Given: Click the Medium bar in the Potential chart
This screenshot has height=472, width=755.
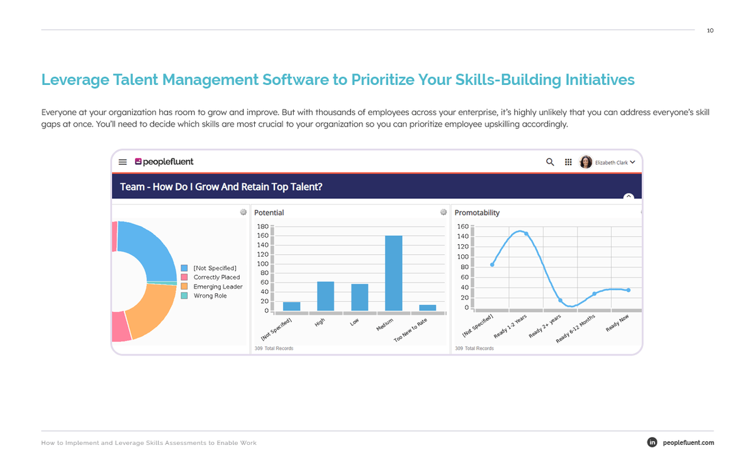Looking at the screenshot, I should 394,273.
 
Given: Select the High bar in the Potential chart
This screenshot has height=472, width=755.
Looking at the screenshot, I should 325,296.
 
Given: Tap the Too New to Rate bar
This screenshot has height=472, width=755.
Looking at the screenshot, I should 428,308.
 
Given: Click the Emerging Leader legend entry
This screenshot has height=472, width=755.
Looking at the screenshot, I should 218,287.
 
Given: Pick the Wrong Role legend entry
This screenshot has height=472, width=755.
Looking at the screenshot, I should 210,296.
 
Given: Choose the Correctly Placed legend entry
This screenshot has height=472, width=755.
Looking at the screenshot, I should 216,278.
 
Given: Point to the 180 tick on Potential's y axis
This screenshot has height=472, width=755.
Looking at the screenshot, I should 263,227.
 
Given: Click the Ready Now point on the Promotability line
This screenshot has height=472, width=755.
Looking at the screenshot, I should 629,290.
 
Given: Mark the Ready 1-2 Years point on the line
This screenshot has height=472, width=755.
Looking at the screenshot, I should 527,234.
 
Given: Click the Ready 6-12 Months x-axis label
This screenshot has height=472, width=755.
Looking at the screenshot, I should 576,329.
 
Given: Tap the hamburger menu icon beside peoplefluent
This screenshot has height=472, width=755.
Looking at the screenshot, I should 123,162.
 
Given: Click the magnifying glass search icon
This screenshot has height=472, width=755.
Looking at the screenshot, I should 550,162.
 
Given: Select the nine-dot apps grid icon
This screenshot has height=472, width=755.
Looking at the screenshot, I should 568,162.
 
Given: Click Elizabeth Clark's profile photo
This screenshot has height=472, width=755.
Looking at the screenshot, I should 586,162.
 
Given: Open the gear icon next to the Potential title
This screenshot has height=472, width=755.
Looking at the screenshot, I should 444,213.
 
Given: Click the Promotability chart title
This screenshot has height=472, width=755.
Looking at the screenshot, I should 477,213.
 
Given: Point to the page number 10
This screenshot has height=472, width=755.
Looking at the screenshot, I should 710,31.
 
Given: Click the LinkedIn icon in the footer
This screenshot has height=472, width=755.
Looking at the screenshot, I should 652,442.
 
